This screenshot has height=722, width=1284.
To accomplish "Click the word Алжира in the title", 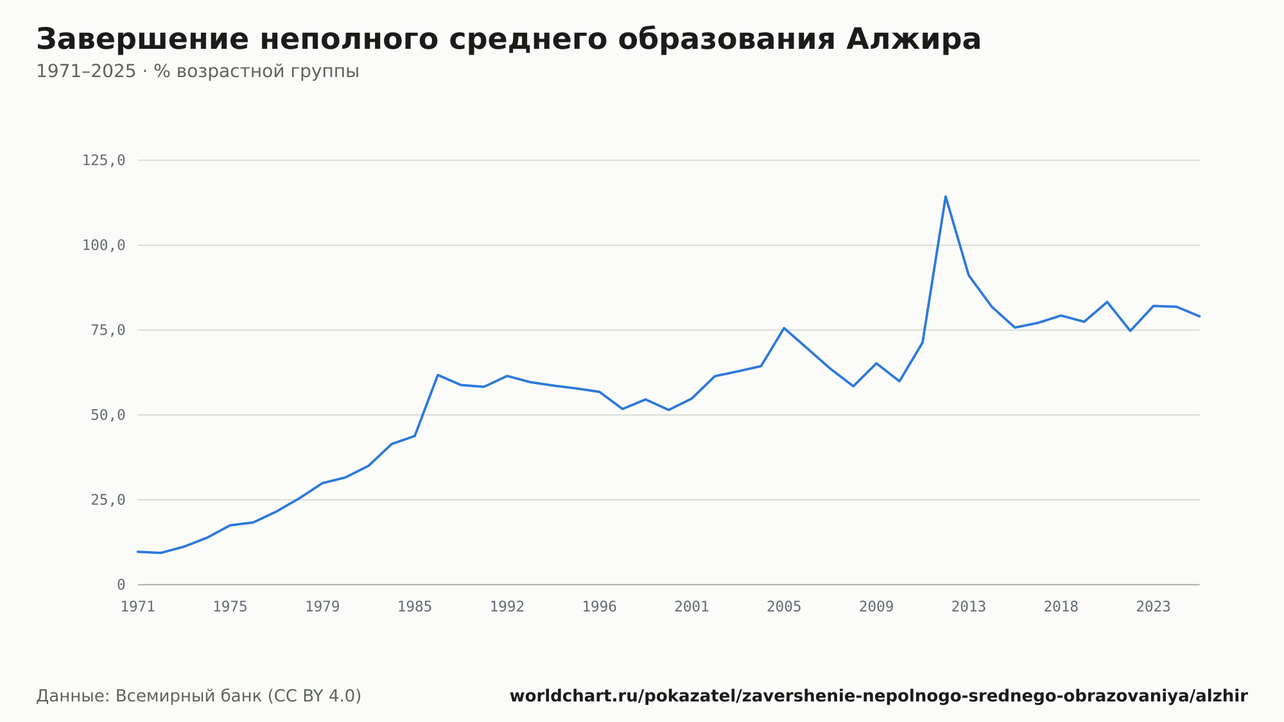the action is [914, 39].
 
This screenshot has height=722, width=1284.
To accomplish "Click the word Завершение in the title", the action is [142, 40].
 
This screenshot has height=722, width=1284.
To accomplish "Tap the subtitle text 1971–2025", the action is [86, 71].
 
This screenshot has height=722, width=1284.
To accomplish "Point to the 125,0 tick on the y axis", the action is [103, 161].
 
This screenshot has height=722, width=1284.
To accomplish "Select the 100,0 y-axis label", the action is [103, 245].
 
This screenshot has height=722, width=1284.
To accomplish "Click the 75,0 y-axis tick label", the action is [108, 330].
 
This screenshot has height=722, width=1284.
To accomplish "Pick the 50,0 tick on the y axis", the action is [108, 415].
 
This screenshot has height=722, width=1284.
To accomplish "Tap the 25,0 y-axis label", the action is [108, 500].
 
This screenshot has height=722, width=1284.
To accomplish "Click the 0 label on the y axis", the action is [121, 585].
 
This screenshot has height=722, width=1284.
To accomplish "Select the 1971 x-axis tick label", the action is [138, 607].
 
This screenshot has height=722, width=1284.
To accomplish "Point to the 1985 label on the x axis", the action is [415, 607].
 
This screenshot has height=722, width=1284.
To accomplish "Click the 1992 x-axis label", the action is [507, 607].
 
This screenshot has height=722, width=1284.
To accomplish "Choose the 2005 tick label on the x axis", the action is [784, 607].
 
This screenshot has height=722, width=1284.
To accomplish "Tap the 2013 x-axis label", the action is [969, 607].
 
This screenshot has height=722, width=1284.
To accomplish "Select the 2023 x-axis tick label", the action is [1154, 607].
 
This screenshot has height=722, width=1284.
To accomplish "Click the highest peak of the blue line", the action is [946, 197].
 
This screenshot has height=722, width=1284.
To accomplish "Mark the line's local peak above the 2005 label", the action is [784, 328].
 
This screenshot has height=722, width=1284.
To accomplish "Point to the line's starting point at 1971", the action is [138, 552].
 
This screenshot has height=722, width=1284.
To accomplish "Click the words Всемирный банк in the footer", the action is [189, 696].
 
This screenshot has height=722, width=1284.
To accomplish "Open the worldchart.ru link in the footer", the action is [879, 696].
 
